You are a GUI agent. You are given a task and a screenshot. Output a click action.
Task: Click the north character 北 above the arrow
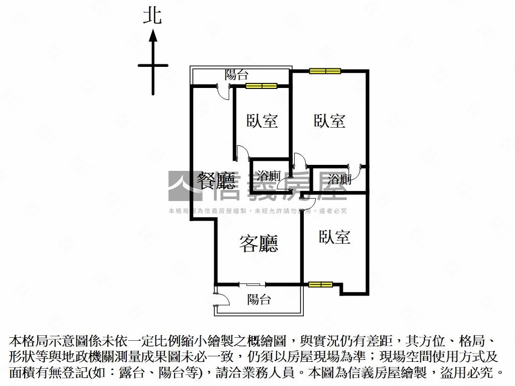[152, 17]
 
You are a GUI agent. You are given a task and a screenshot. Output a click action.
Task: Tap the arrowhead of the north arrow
[153, 36]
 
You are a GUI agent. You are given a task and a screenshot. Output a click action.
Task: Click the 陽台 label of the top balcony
[236, 74]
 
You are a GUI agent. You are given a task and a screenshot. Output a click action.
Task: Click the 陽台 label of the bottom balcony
[259, 300]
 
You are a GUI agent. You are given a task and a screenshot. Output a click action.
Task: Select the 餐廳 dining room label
[216, 181]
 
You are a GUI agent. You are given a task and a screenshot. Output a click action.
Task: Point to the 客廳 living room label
[259, 244]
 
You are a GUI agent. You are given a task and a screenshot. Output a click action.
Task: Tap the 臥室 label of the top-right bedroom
[329, 121]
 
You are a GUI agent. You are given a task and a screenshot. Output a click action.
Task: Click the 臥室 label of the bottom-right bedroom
[334, 237]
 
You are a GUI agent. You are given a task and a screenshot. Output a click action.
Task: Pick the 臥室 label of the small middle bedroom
[262, 121]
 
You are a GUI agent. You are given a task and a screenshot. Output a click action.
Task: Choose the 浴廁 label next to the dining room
[269, 175]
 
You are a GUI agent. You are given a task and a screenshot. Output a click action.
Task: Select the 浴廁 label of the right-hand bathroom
[339, 179]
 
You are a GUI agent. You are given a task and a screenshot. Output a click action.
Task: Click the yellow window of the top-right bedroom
[325, 71]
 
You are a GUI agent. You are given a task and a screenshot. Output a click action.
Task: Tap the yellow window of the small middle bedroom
[262, 86]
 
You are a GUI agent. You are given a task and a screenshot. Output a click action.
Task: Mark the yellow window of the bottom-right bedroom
[320, 284]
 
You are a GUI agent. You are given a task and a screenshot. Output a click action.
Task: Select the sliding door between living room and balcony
[252, 284]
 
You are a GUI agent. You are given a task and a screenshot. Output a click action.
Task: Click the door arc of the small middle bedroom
[244, 152]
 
